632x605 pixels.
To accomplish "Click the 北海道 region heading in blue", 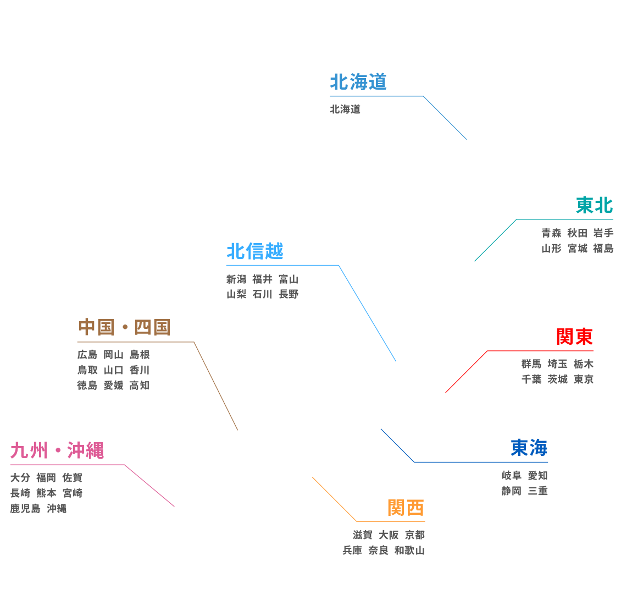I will [358, 82].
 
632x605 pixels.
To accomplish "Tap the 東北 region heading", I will [594, 206].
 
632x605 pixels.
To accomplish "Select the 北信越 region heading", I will [254, 252].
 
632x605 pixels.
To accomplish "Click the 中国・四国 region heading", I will [124, 328].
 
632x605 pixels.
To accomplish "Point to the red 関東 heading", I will [574, 337].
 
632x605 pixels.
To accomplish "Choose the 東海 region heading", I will [529, 448].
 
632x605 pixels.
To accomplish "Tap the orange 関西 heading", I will [406, 508].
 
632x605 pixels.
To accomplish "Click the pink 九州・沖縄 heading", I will [57, 451].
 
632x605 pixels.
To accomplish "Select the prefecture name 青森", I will [551, 233].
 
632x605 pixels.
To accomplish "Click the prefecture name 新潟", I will [236, 279].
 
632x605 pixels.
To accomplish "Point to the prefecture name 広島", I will [87, 355].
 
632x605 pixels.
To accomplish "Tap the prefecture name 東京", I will [583, 380].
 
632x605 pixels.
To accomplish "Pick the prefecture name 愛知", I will [537, 476].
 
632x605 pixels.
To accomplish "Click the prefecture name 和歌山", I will [409, 550].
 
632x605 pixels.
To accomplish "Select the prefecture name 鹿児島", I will [25, 509].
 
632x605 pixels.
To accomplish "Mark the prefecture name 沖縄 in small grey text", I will [57, 509].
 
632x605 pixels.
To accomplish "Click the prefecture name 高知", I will [140, 386].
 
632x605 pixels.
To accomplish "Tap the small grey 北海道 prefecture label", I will [345, 109].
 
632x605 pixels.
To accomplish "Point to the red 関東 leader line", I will [466, 372].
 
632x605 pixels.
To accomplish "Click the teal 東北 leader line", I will [495, 240].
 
